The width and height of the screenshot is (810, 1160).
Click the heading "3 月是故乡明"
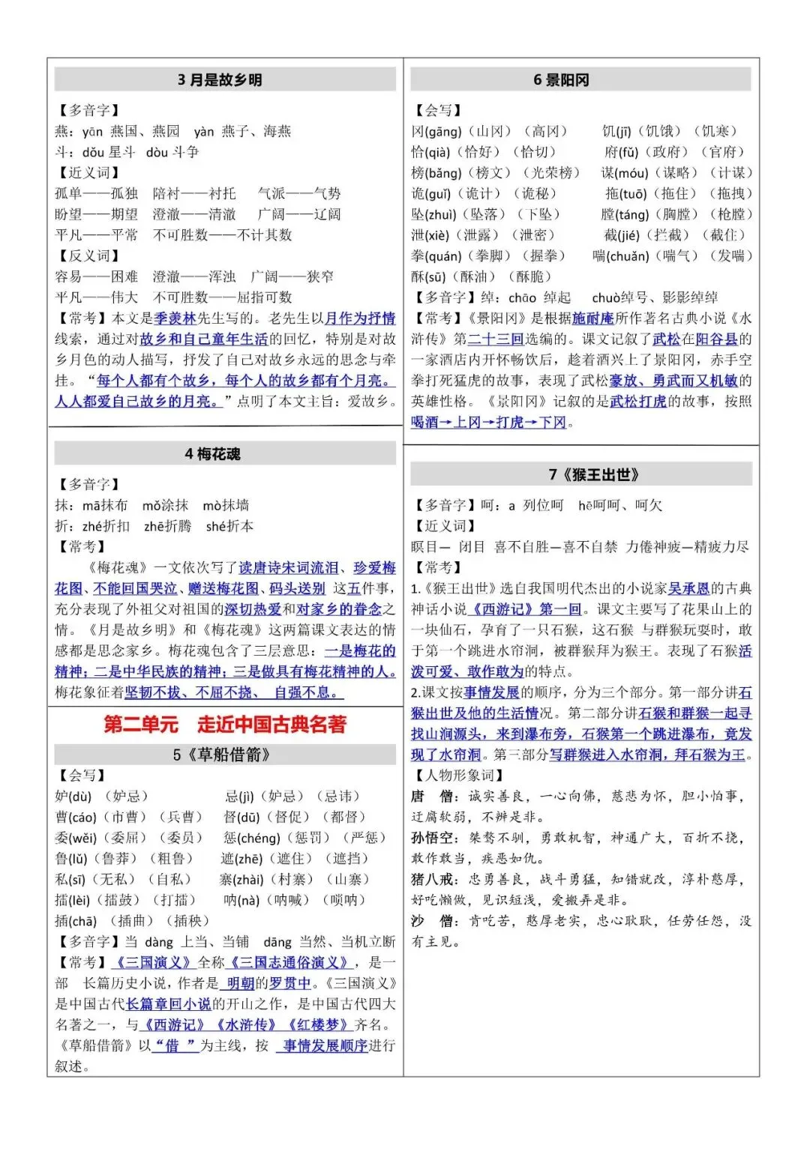click(220, 80)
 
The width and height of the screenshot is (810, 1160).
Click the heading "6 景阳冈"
click(561, 80)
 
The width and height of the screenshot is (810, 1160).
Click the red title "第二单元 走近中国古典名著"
click(225, 725)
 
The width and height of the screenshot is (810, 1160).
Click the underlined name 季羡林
click(175, 318)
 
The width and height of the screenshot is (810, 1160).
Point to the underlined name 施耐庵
click(592, 318)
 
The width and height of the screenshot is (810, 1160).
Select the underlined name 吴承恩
click(688, 589)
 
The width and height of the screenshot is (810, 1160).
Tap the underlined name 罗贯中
click(290, 983)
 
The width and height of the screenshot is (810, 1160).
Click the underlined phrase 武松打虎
click(637, 402)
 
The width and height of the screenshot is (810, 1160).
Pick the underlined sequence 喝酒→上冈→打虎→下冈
click(488, 423)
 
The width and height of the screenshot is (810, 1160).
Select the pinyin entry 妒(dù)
click(73, 797)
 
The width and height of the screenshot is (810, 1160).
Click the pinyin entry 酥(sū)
click(429, 277)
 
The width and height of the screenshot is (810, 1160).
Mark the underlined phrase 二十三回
click(496, 339)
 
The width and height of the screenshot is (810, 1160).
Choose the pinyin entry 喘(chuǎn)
click(620, 256)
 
